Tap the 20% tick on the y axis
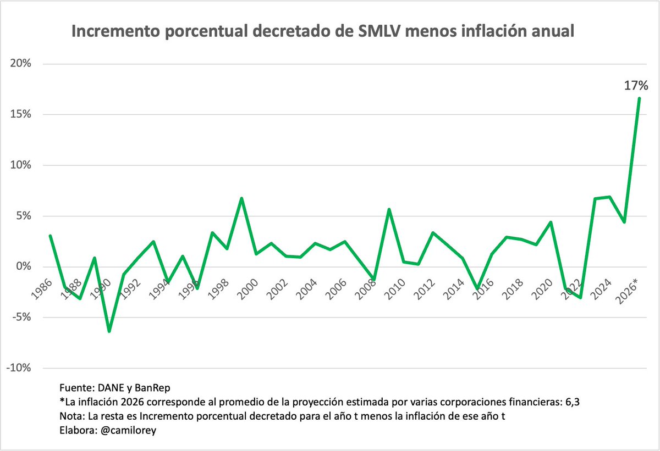point(20,64)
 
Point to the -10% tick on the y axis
point(20,368)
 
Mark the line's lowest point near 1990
point(109,331)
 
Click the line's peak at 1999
point(241,198)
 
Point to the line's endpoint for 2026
point(639,98)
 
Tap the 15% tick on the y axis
point(20,114)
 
